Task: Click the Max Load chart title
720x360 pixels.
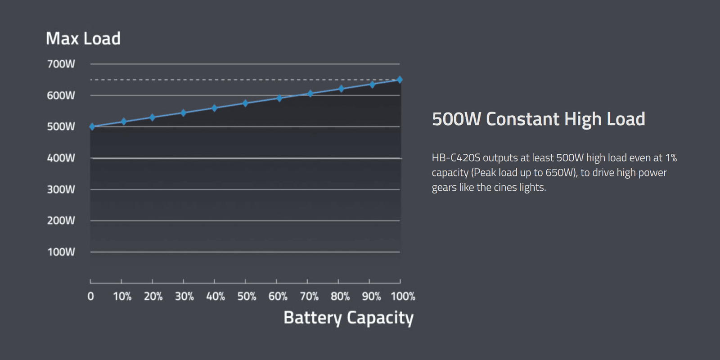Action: [83, 39]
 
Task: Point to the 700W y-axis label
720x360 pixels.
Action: [61, 64]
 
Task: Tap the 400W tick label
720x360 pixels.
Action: [61, 158]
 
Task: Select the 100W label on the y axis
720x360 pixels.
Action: [61, 252]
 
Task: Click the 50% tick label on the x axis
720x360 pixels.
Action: [247, 297]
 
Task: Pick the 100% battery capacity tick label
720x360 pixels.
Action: [403, 297]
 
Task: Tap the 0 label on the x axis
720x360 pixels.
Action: [91, 297]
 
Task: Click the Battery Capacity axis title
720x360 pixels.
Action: [348, 318]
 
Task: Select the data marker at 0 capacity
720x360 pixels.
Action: [92, 127]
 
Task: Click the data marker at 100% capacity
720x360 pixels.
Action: [400, 80]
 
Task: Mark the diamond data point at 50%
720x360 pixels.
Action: [245, 103]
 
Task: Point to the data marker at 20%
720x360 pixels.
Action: [152, 117]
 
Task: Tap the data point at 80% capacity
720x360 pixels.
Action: [341, 89]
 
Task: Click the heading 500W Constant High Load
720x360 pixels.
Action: [538, 119]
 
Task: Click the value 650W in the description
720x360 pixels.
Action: [561, 173]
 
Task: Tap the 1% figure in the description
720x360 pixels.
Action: [671, 158]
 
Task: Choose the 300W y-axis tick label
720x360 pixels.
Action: [61, 189]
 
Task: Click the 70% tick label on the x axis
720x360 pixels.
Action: [309, 297]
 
